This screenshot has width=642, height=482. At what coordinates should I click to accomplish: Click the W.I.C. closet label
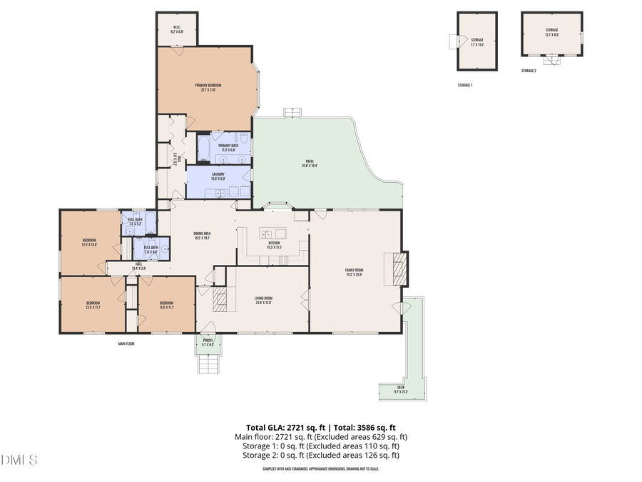pyautogui.click(x=177, y=31)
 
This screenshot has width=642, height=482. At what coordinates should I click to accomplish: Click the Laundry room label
pyautogui.click(x=218, y=176)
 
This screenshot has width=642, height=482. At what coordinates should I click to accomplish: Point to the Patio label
pyautogui.click(x=310, y=164)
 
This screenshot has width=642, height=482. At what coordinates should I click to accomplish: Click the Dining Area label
pyautogui.click(x=202, y=236)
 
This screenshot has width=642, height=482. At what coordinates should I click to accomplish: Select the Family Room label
pyautogui.click(x=355, y=272)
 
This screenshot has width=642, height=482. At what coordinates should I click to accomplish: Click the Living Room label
pyautogui.click(x=263, y=300)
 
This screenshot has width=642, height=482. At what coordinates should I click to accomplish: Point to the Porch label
pyautogui.click(x=208, y=342)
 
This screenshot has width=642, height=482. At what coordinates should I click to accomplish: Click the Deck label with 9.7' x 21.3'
pyautogui.click(x=399, y=390)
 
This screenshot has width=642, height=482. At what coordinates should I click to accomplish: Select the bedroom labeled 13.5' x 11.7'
pyautogui.click(x=93, y=305)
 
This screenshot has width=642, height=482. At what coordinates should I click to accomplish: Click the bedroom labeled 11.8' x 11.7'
pyautogui.click(x=166, y=305)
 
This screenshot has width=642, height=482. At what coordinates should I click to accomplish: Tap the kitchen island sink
pyautogui.click(x=267, y=234)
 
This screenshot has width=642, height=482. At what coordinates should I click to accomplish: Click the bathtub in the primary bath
pyautogui.click(x=203, y=149)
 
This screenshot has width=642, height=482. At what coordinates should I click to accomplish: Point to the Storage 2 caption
pyautogui.click(x=529, y=71)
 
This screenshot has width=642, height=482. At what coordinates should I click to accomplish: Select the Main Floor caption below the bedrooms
pyautogui.click(x=126, y=343)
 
